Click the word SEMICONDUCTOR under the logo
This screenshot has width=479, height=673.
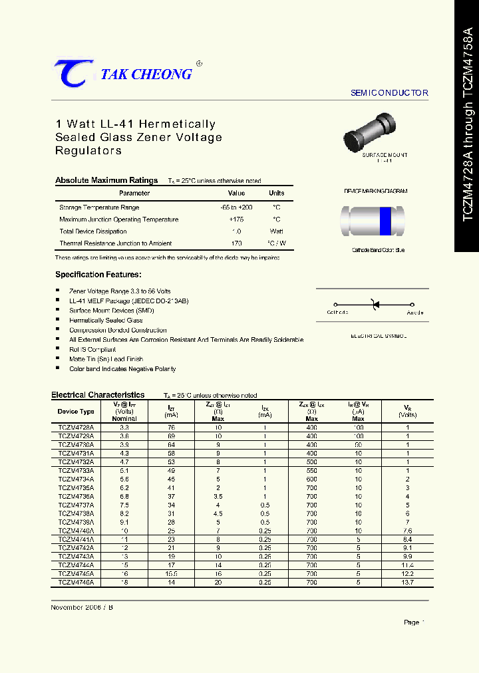coord(389,93)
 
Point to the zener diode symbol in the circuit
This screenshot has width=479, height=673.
coord(374,305)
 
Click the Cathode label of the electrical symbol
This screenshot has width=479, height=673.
coord(337,312)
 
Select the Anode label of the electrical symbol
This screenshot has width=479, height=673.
coord(415,312)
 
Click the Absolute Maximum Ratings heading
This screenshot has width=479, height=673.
coord(106,180)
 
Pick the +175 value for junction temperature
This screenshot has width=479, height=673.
coord(236,219)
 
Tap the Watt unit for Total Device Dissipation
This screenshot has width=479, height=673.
coord(276,231)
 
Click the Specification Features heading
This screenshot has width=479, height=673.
coord(98,275)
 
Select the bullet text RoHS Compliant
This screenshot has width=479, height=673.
coord(92,349)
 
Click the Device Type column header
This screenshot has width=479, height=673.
coord(76,412)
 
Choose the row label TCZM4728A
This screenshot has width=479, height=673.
coord(76,428)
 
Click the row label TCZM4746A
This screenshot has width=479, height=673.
coord(76,581)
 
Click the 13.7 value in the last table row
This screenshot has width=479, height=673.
coord(408,581)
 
